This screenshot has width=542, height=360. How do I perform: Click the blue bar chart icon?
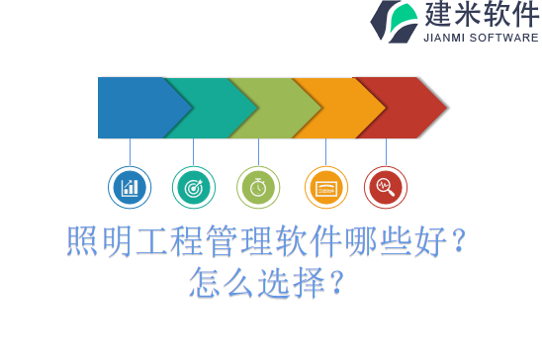(x=130, y=187)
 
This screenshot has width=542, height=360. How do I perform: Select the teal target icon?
(x=193, y=187)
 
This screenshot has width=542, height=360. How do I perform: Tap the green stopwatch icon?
(x=258, y=187)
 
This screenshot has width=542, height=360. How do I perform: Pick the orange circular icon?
(x=325, y=187)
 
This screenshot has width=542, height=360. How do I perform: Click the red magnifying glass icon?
(x=386, y=187)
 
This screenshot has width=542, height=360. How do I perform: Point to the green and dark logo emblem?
(x=393, y=22)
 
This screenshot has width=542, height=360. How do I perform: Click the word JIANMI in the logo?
(x=446, y=38)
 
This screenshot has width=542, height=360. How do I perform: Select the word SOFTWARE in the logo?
(x=505, y=38)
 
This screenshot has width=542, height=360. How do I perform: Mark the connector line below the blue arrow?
(x=130, y=151)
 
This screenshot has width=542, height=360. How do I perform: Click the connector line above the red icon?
(x=386, y=151)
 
